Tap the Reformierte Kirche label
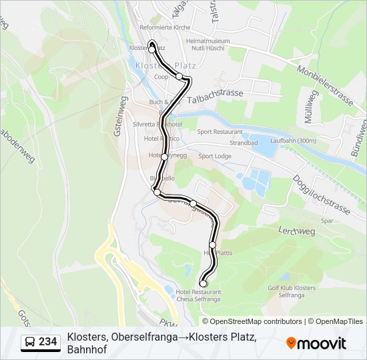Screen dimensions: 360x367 pyautogui.click(x=165, y=27)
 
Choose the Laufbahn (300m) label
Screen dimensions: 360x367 pyautogui.click(x=294, y=141)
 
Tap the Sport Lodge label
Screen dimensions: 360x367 pyautogui.click(x=215, y=156)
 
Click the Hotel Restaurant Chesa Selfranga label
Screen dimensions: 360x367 pyautogui.click(x=198, y=296)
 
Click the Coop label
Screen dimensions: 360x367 pyautogui.click(x=161, y=77)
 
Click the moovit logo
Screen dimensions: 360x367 pyautogui.click(x=316, y=343)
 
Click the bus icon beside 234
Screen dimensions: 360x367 pyautogui.click(x=29, y=343)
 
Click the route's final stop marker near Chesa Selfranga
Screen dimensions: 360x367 pyautogui.click(x=204, y=284)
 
